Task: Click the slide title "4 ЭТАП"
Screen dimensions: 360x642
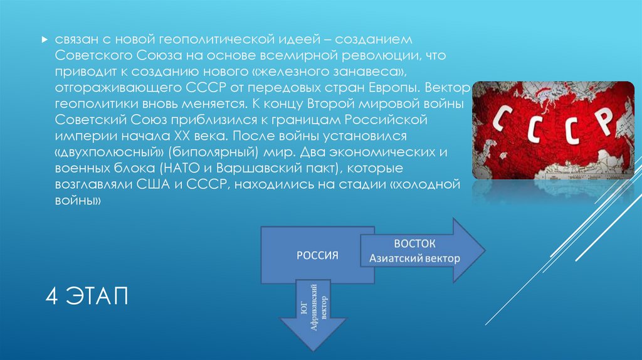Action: pyautogui.click(x=86, y=295)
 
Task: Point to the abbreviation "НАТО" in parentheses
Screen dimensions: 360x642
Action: pyautogui.click(x=181, y=169)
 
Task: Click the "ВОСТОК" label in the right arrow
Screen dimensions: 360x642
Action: pyautogui.click(x=414, y=244)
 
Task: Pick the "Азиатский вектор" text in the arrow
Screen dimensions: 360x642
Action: pyautogui.click(x=414, y=258)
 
